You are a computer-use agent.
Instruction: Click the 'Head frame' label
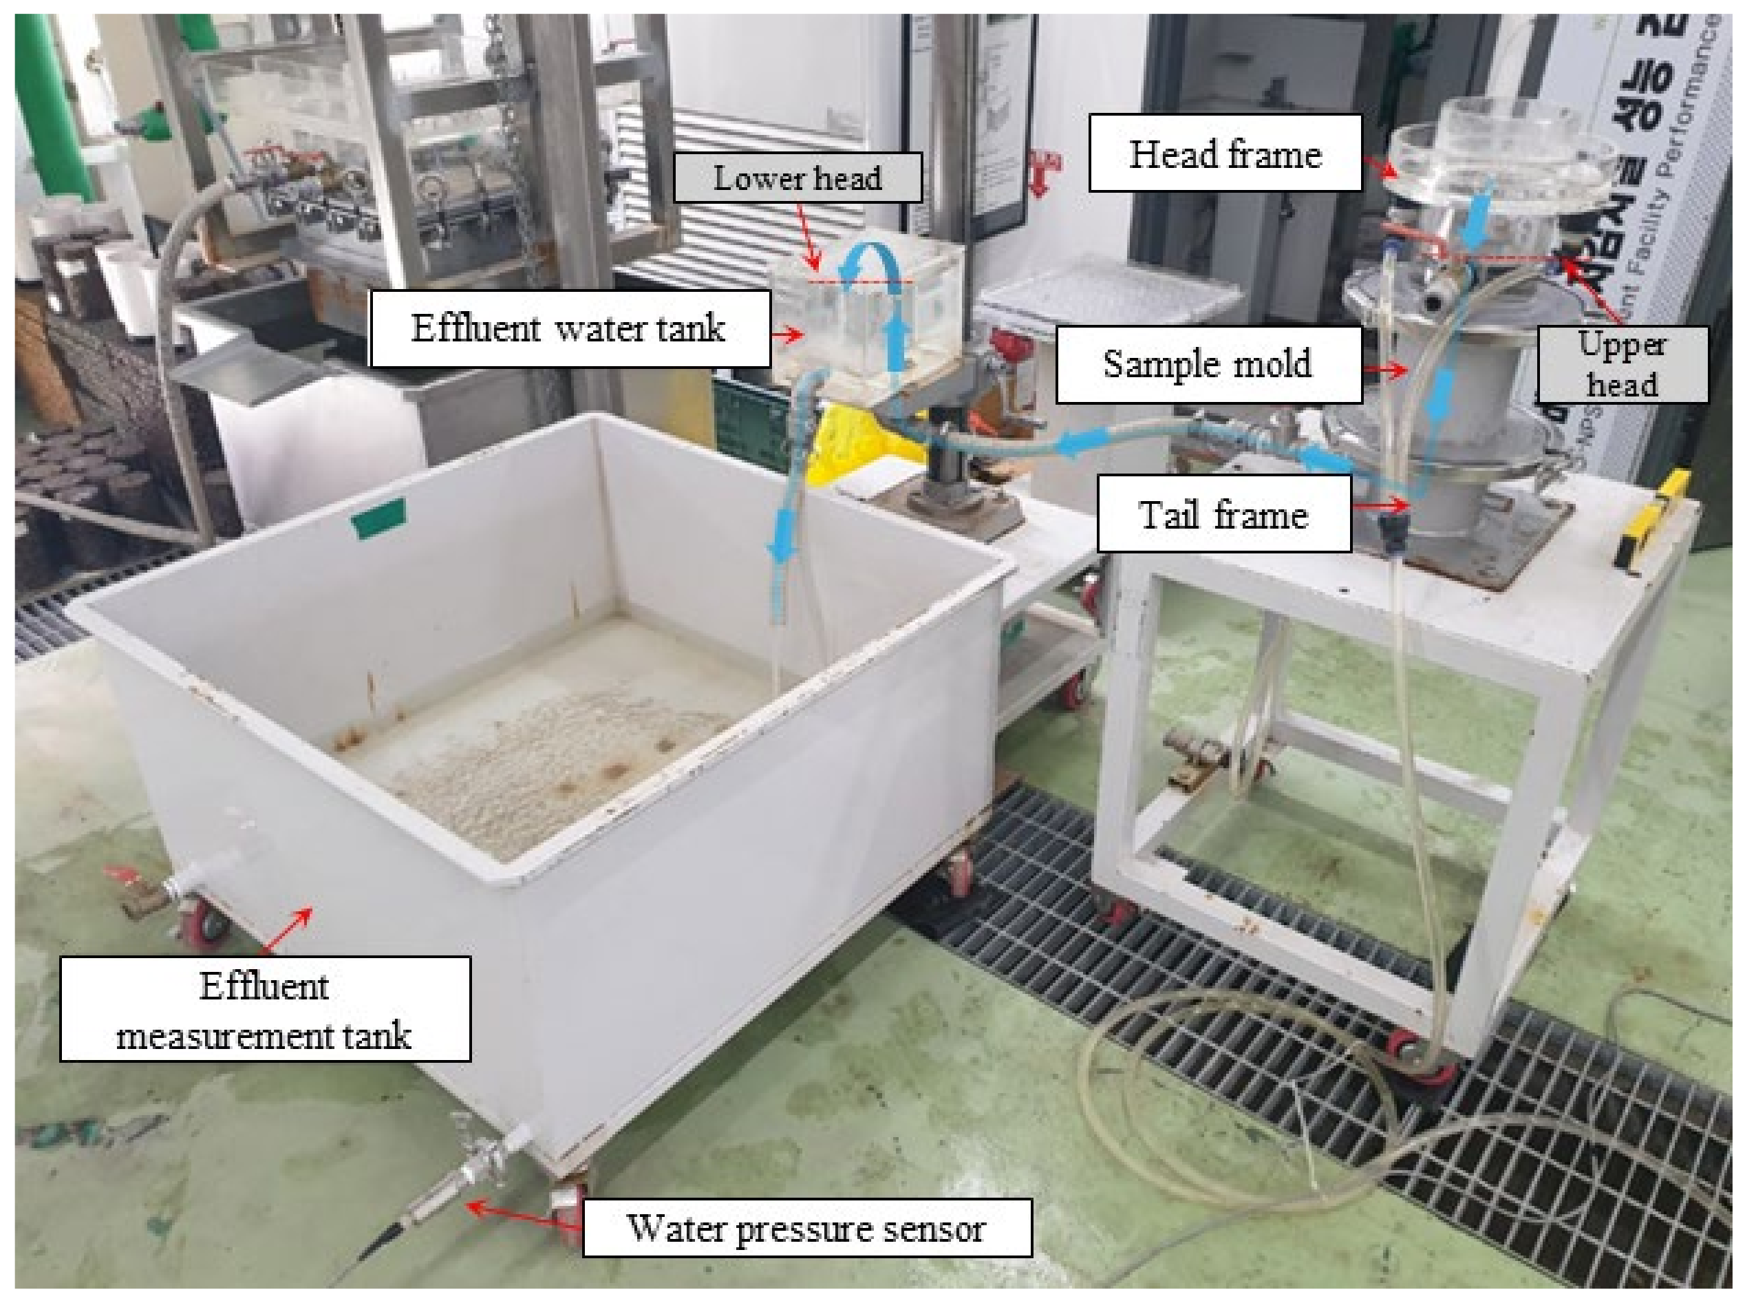1225,153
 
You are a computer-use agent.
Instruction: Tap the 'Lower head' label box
797,178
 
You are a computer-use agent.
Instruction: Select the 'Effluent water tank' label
568,328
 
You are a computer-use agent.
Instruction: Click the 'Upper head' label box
1621,364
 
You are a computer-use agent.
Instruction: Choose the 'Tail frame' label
1223,516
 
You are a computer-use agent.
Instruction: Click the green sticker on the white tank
379,518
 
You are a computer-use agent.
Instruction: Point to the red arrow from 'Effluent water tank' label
788,335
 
